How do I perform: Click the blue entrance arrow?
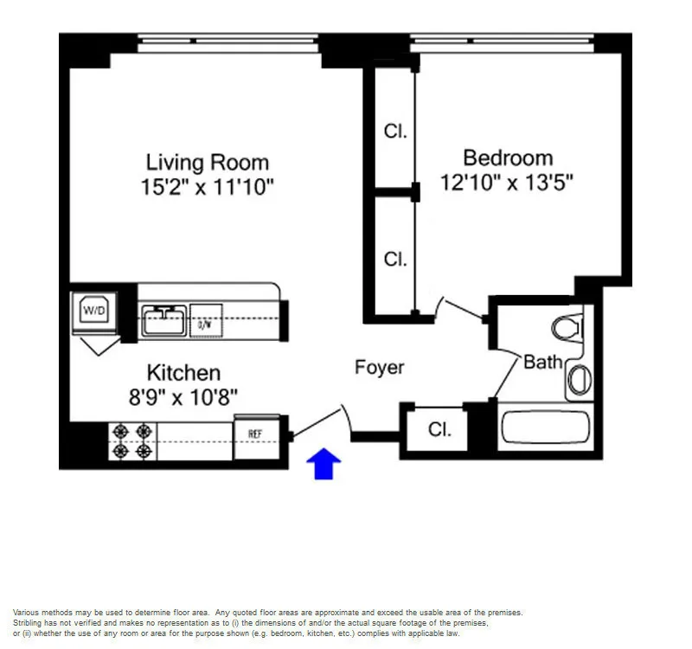tap(325, 464)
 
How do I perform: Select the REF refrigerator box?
tap(256, 433)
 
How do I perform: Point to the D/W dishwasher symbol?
tap(205, 324)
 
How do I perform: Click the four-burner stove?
tap(131, 440)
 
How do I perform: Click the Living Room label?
tap(207, 162)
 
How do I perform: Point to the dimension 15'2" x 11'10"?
tap(207, 186)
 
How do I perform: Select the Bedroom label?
tap(508, 157)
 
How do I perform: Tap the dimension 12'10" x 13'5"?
tap(508, 183)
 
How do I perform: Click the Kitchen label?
tap(183, 373)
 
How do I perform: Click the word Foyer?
tap(379, 367)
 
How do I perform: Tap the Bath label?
tap(542, 362)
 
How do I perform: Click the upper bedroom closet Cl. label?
tap(395, 132)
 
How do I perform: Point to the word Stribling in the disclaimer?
tap(29, 623)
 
